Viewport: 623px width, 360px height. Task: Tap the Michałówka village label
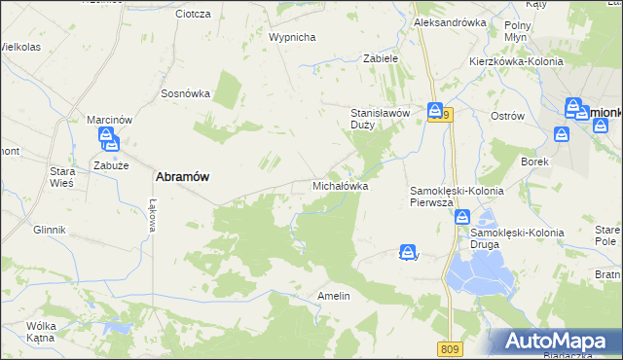click(340, 184)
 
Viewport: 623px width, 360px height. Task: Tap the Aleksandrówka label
click(450, 21)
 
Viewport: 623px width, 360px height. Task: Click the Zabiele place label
click(381, 58)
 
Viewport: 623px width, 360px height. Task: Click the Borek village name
click(535, 161)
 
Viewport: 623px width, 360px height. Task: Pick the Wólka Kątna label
click(41, 332)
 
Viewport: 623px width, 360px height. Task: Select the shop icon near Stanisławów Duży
click(435, 111)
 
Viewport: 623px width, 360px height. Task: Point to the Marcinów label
click(109, 120)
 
